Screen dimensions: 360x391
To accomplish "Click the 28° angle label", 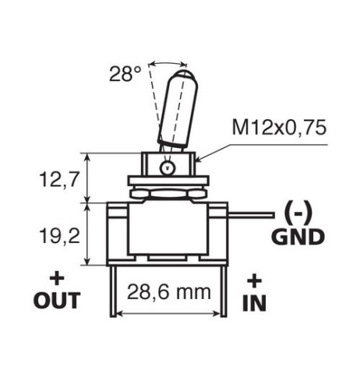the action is tap(125, 74).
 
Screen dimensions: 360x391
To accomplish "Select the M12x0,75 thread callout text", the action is tap(279, 128).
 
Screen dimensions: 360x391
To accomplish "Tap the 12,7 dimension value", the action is tap(58, 180).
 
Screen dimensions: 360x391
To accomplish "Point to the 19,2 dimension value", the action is tap(59, 236).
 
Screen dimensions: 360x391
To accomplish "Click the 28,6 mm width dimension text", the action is tap(169, 292).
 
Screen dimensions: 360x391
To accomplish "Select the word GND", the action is tap(298, 237).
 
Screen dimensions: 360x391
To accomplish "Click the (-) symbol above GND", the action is tap(298, 213).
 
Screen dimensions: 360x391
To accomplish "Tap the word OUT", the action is tap(57, 301).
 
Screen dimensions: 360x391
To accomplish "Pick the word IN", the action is tap(254, 303).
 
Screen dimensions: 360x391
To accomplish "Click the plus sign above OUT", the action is tap(57, 279).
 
